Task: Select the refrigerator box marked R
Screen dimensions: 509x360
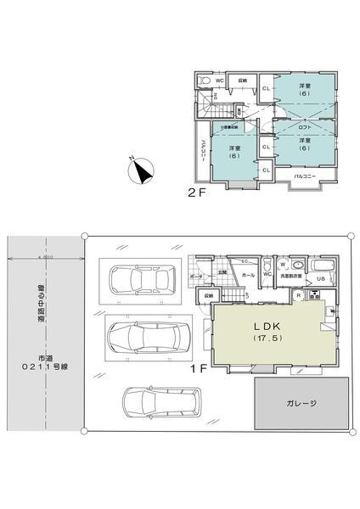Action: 300,295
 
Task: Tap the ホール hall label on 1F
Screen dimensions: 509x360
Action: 248,276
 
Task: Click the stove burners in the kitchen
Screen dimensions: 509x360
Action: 314,296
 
